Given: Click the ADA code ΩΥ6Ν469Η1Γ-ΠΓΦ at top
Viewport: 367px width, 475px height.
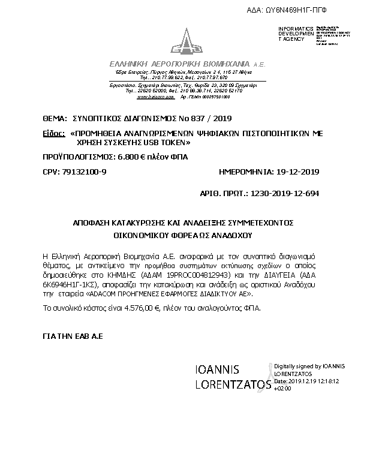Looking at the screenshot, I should coord(306,11).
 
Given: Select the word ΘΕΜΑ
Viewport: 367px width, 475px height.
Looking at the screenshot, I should coord(55,118).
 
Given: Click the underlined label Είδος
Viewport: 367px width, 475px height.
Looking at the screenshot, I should coord(53,134).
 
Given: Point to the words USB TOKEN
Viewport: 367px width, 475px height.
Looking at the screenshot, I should coord(169,144).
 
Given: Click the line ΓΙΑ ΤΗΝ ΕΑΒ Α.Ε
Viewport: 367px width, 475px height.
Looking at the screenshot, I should coord(73,337).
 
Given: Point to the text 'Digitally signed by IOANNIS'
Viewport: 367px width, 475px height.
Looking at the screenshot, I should coord(308,366).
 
